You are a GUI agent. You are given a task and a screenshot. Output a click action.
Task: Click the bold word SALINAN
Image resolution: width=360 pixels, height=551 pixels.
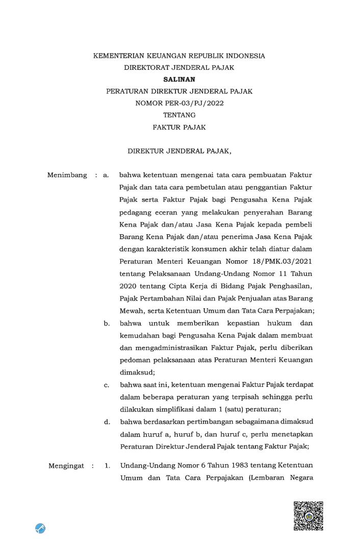click(179, 79)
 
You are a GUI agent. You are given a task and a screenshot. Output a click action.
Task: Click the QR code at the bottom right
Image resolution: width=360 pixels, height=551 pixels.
click(308, 516)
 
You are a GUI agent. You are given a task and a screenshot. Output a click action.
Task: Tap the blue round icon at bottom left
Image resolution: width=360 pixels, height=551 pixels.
click(41, 528)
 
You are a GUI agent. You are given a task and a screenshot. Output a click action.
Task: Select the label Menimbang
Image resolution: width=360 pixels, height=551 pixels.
click(67, 175)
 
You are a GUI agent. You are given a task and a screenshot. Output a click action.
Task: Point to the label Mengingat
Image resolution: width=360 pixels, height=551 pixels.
click(66, 466)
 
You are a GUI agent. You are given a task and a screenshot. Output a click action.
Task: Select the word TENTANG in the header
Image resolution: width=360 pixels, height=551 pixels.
click(179, 115)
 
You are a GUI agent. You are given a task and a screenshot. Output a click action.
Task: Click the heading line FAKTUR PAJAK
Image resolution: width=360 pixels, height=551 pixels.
click(179, 128)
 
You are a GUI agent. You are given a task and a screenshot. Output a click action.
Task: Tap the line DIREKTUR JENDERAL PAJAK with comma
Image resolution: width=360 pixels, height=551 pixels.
click(179, 151)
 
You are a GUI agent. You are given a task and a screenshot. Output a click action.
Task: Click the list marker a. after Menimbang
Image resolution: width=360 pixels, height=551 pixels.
click(106, 175)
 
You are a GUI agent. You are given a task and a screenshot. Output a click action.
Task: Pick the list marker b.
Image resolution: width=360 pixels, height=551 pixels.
click(107, 323)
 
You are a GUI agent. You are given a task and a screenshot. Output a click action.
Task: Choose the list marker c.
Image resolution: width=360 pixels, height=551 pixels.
click(107, 385)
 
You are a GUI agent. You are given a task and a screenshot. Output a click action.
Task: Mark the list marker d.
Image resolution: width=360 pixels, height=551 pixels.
click(107, 421)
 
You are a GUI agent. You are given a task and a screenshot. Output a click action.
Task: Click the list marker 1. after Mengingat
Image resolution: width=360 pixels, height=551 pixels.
click(107, 466)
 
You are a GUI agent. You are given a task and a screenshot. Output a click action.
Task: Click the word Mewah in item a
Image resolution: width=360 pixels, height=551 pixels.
click(132, 311)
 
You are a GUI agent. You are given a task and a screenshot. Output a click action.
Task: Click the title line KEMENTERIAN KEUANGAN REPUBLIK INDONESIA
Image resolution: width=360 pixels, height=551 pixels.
click(179, 56)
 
